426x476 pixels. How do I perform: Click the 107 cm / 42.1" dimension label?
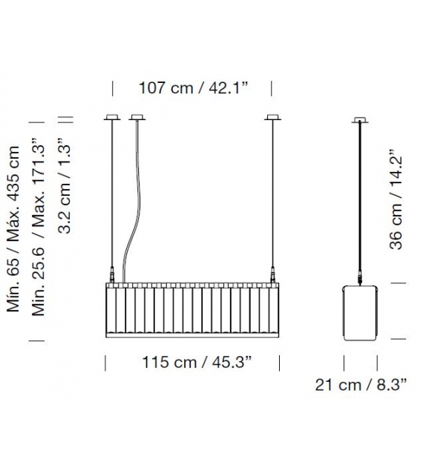click(193, 88)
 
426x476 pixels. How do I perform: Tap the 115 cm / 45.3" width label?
click(197, 362)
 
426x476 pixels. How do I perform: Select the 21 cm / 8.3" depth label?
click(361, 385)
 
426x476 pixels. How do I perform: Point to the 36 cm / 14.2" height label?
click(396, 199)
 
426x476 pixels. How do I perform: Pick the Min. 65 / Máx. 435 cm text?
click(13, 229)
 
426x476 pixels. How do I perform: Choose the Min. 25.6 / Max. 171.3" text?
click(39, 226)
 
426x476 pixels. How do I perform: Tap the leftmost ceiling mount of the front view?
click(112, 117)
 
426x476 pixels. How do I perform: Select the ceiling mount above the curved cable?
click(137, 117)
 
